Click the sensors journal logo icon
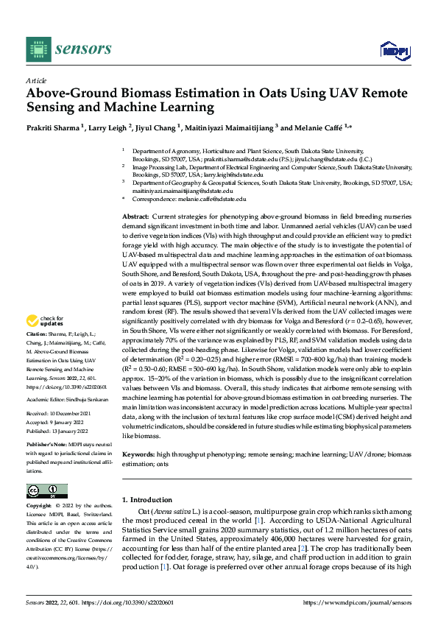38,49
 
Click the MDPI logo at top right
394,49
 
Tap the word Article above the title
36,80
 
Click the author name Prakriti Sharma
53,128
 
